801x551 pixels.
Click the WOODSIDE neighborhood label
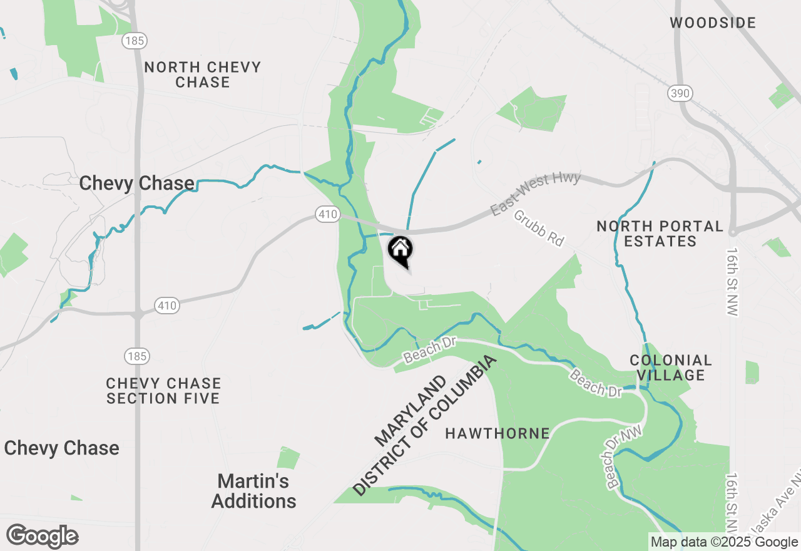(x=713, y=23)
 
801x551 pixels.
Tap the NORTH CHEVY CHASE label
(x=203, y=75)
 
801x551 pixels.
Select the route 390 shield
(x=680, y=93)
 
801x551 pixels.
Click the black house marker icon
(x=400, y=249)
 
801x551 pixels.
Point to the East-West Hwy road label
(x=536, y=194)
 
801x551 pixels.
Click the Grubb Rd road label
(x=539, y=227)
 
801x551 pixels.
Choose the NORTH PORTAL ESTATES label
(x=660, y=234)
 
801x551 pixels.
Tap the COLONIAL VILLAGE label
(x=671, y=368)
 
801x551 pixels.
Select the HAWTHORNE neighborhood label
(x=497, y=433)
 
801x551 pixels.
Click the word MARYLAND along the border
(x=411, y=411)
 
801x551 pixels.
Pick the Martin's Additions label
(x=253, y=491)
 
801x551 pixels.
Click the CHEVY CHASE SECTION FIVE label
(x=163, y=391)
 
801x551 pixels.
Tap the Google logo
(x=43, y=537)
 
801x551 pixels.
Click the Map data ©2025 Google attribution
(x=724, y=542)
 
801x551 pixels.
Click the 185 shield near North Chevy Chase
(x=135, y=41)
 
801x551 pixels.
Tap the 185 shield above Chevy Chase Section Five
(x=136, y=356)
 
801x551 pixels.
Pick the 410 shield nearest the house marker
(x=327, y=215)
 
